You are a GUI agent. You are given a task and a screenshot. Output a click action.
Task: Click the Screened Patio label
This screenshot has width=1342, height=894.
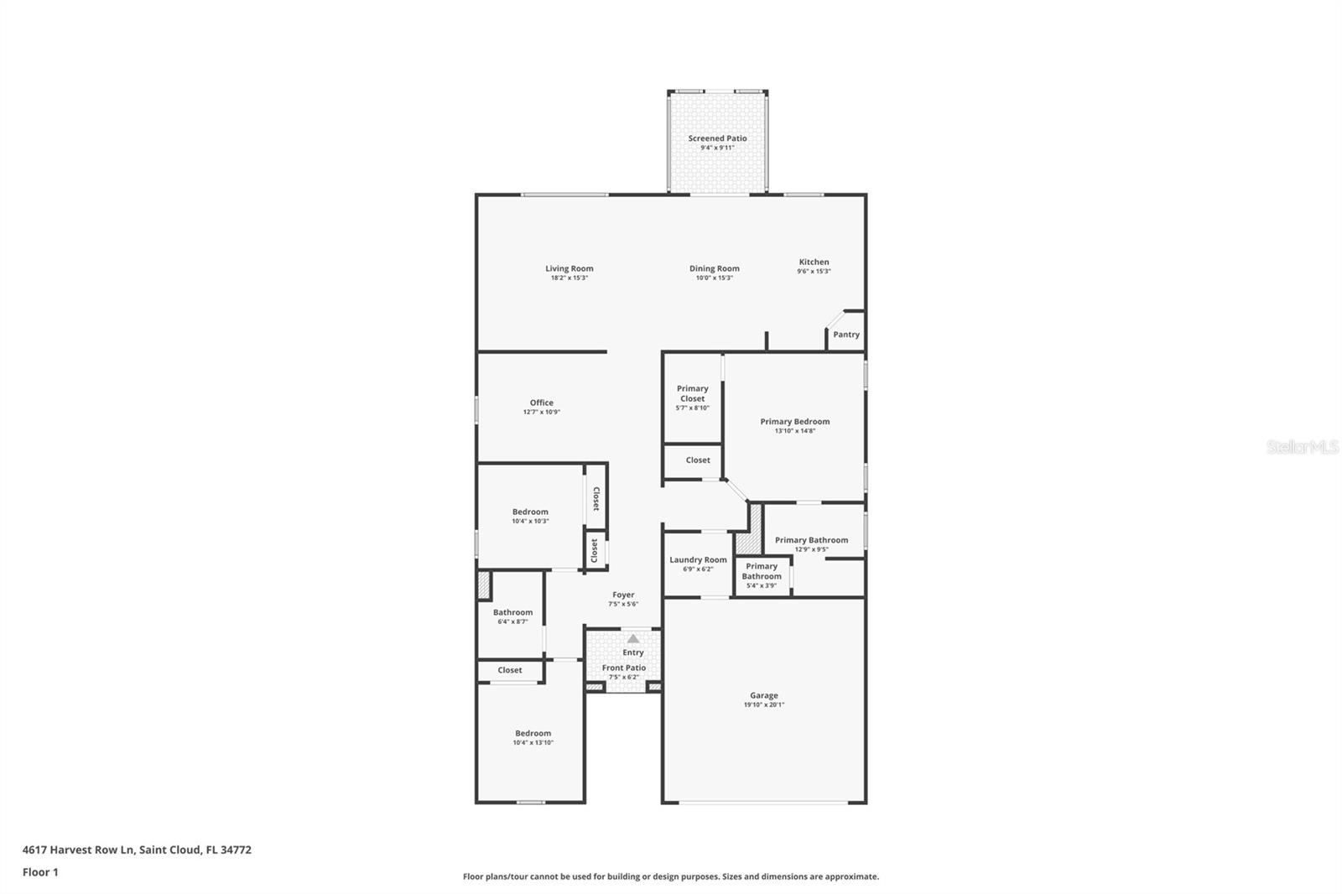coord(717,138)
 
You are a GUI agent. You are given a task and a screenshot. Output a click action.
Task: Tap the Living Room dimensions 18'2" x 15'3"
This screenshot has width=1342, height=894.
coord(569,278)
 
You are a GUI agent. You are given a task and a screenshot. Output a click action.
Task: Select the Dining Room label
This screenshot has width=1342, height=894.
coord(714,268)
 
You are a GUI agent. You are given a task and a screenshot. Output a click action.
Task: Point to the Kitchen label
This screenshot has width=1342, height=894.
coord(813,262)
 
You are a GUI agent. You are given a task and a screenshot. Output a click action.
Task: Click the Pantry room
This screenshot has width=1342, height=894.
coord(845,334)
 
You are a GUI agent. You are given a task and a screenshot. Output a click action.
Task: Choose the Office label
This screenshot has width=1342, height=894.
coord(541,403)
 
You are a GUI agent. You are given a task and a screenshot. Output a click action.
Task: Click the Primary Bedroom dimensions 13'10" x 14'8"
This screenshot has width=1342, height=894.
coord(794,431)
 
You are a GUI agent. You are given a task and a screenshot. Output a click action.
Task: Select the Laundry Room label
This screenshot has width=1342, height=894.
coord(698,559)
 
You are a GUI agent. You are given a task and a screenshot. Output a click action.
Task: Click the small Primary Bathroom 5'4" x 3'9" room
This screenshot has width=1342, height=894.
coord(762,575)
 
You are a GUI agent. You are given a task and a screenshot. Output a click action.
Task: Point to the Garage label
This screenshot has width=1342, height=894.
coord(763,695)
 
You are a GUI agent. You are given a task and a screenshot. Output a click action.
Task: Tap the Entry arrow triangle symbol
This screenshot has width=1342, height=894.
coord(633,638)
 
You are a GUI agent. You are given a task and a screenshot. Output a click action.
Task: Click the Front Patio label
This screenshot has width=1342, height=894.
coord(623,668)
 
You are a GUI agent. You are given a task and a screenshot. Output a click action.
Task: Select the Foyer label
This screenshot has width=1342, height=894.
coord(622,595)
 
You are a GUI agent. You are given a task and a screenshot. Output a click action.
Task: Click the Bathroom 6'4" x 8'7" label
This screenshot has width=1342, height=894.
coord(512,612)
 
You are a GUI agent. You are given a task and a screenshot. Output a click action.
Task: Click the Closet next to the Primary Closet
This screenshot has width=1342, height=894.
coord(697,460)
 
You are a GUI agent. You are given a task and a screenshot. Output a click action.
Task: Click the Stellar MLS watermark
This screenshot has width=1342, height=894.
coord(1302,447)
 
